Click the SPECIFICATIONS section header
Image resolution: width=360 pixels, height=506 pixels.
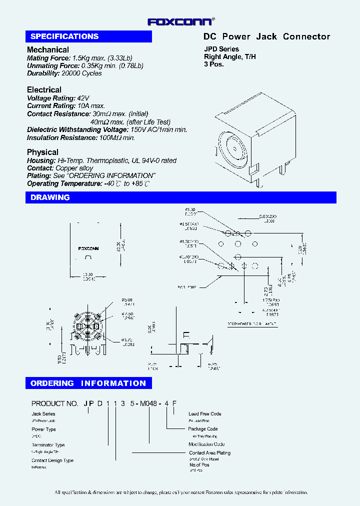point(64,36)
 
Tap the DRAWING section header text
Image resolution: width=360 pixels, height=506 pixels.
point(50,197)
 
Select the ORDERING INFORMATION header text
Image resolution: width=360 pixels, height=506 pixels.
point(88,383)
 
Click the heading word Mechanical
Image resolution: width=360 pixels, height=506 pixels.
point(48,50)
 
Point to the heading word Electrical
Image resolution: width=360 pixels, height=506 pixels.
point(44,90)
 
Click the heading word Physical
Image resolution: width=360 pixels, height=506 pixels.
point(42,152)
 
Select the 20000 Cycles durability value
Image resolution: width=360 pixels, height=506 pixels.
point(81,73)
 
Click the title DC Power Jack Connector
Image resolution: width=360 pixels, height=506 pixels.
point(266,36)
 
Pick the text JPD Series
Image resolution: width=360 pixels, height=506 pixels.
point(221,49)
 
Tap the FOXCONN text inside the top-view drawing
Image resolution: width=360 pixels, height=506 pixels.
point(88,248)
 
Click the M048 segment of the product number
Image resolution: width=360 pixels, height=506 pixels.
point(148,403)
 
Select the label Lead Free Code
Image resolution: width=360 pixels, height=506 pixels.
point(204,414)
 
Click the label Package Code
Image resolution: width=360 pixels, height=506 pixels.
point(203,429)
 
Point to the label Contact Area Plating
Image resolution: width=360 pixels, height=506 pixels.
point(209,453)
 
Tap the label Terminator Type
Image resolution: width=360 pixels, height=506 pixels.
point(48,445)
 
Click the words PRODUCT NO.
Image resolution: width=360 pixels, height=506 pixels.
point(55,403)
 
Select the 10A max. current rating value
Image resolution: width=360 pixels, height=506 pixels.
point(91,106)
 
